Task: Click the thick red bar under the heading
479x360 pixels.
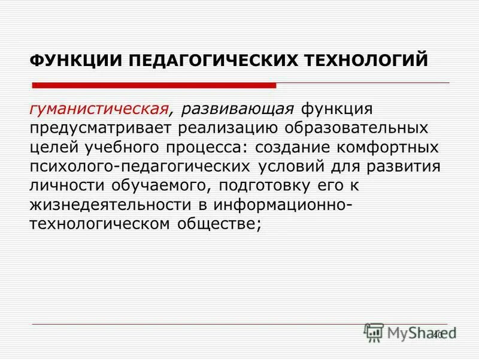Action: click(154, 85)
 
